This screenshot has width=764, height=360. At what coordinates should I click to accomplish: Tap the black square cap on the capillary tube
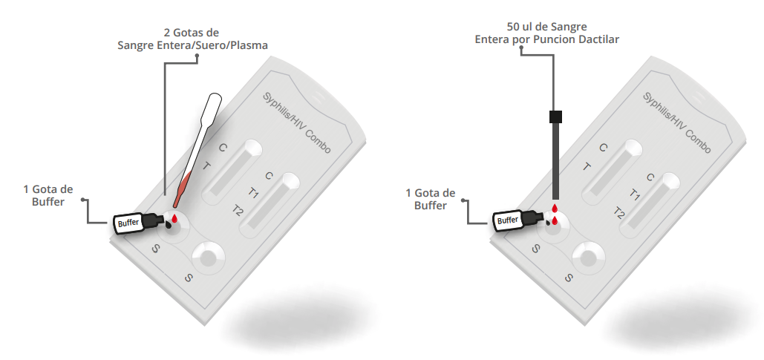tap(555, 117)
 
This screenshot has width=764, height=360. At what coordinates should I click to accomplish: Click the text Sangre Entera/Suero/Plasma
tap(192, 45)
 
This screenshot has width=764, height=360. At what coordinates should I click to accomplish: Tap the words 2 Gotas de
tap(192, 33)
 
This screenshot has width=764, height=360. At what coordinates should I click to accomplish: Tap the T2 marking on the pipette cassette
tap(238, 211)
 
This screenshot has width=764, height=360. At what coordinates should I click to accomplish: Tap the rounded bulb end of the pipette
tap(215, 99)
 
